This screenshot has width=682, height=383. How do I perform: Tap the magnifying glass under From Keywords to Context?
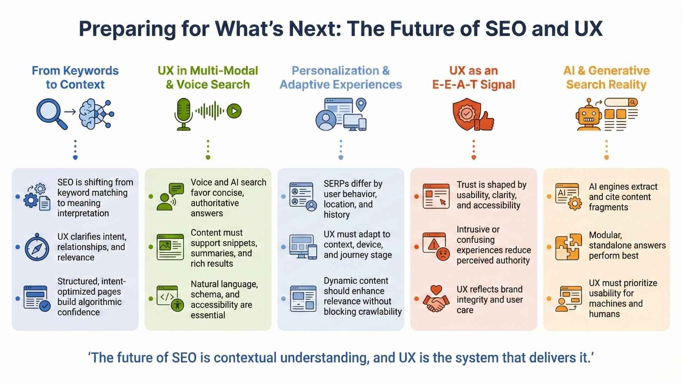tap(52, 114)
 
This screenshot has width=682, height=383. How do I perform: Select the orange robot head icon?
tap(589, 115)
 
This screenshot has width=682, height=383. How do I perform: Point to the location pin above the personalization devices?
tap(361, 105)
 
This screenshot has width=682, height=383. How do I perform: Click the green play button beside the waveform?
tap(234, 111)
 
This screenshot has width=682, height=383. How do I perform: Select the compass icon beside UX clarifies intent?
tap(37, 247)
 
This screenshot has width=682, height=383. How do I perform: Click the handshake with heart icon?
tap(436, 299)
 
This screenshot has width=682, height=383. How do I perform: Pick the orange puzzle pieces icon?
tap(569, 247)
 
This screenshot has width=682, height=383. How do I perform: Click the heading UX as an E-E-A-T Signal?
tap(473, 78)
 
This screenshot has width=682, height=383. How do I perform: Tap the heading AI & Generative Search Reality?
tap(606, 78)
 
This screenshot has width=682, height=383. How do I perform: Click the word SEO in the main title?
tap(505, 29)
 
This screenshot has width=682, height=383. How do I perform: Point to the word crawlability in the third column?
tap(380, 311)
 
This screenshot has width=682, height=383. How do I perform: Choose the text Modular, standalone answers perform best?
tap(627, 245)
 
